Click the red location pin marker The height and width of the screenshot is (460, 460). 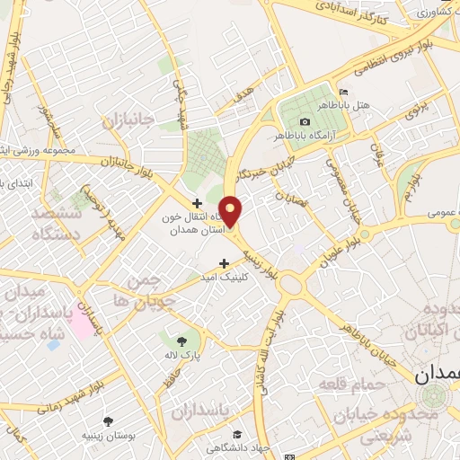pos(231,210)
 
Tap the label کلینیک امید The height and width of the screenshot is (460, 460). pos(251,277)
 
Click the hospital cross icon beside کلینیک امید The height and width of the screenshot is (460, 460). pos(224,262)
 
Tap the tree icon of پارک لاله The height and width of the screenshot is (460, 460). pos(182,341)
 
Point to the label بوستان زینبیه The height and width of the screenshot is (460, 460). pos(108,436)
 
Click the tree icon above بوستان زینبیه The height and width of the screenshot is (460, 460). pos(108,420)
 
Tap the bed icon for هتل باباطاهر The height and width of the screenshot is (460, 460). pos(343,93)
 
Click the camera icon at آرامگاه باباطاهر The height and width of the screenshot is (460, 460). pos(305,121)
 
